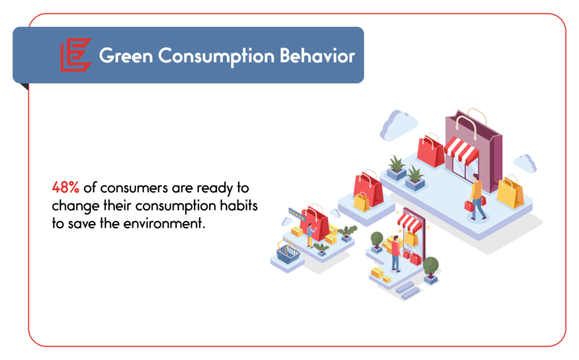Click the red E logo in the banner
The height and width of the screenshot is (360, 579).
point(76,55)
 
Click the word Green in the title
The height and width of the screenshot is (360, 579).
point(125,56)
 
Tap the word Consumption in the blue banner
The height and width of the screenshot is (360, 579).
point(216,56)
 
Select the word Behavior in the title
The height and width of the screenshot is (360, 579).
point(317,56)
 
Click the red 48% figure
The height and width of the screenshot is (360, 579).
point(65,188)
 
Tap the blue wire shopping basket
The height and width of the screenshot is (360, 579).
point(288,251)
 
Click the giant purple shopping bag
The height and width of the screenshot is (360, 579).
point(474,150)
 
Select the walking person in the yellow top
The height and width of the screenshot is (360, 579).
point(477,197)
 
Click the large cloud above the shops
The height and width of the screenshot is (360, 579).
point(398,125)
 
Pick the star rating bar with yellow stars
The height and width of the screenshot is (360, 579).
point(297,214)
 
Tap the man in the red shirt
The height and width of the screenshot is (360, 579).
point(395,254)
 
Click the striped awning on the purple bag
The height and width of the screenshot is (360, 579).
point(461,150)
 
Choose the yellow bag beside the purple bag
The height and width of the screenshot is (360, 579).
point(510,192)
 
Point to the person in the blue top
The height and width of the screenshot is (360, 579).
point(310,235)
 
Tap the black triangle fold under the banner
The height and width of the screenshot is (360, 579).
point(25,86)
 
